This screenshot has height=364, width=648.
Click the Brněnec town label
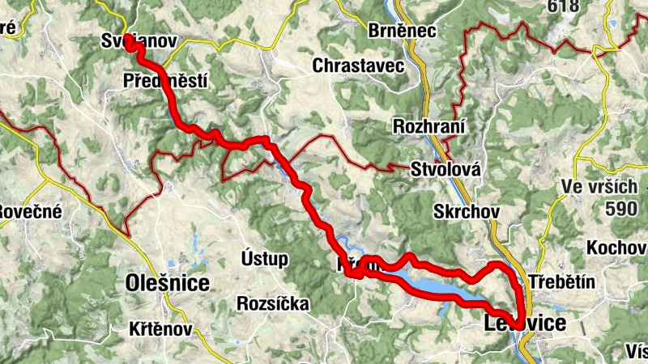[403, 31]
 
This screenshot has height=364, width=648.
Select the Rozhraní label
[428, 127]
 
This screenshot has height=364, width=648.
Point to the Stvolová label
[446, 170]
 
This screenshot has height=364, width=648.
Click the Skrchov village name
[467, 211]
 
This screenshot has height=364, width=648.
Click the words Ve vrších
[599, 188]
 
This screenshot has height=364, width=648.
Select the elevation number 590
[620, 208]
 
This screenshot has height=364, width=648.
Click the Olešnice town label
[168, 283]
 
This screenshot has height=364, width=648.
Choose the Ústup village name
[265, 259]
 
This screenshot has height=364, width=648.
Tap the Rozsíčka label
[274, 304]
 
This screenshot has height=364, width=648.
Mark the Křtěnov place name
[160, 330]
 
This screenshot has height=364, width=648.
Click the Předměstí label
[166, 80]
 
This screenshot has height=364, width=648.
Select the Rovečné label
[21, 213]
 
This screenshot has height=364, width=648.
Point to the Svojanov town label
[139, 40]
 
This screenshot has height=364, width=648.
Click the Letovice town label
[525, 324]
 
